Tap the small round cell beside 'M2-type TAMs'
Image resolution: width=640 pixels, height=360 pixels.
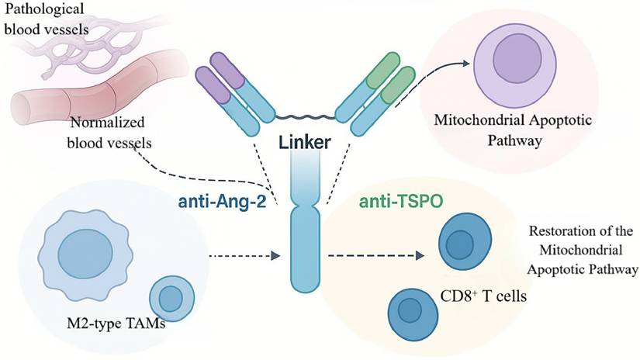pos(169,297)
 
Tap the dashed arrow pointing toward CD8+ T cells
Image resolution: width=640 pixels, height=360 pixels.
pos(375,256)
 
